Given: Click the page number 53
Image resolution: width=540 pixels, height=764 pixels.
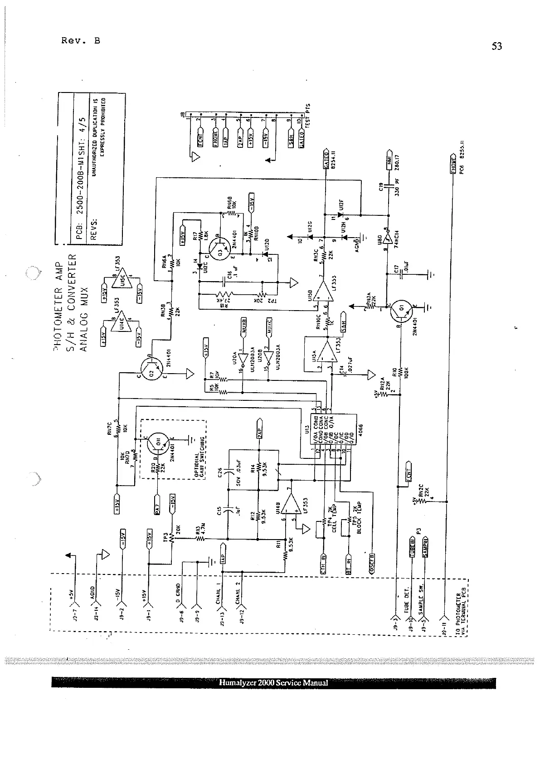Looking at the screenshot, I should click(497, 46).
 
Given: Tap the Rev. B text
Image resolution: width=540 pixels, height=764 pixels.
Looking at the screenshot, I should click(81, 41).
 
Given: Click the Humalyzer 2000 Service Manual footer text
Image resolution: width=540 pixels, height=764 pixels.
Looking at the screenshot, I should click(273, 683).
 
